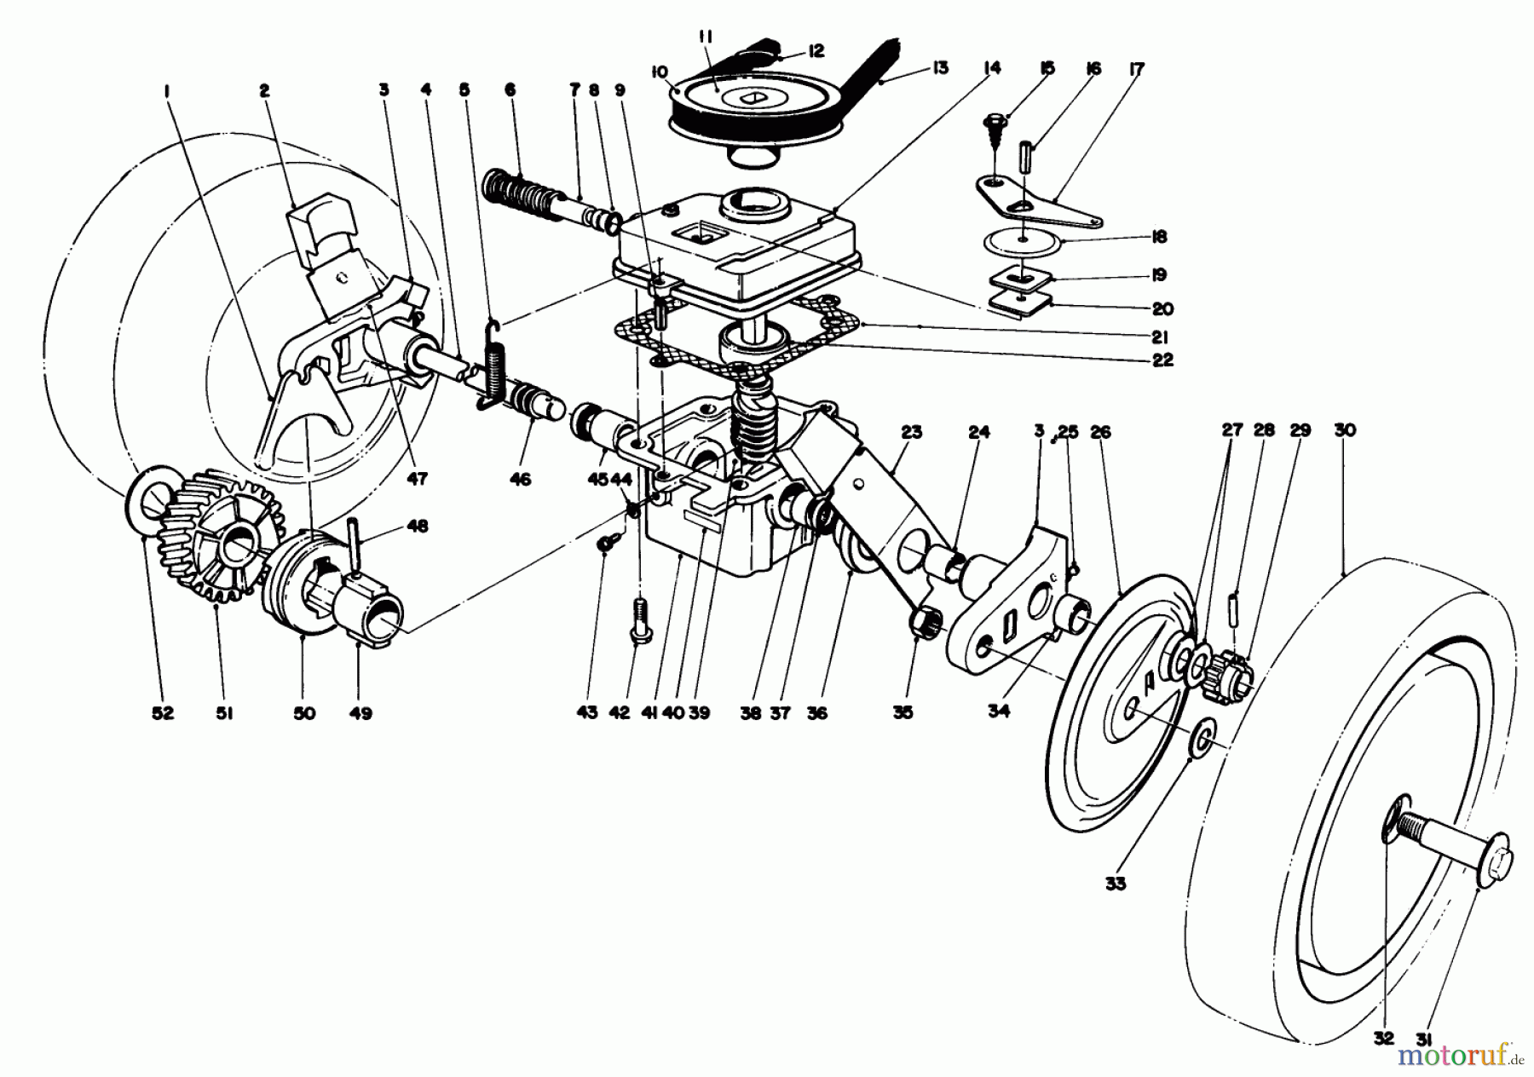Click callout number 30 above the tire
1344,431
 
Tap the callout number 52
163,714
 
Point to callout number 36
816,714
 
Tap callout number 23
910,432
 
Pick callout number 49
360,714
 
